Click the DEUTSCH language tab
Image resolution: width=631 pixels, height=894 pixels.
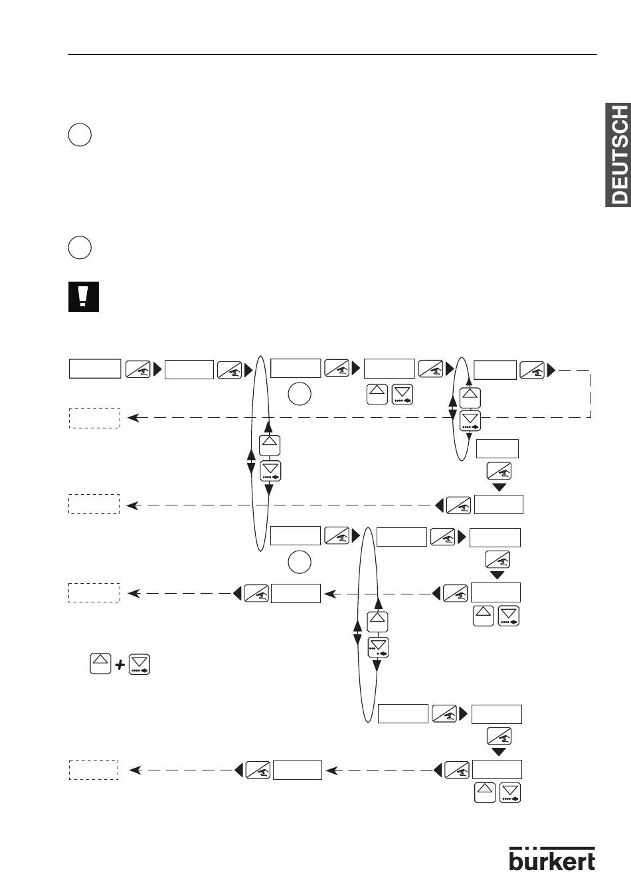(618, 155)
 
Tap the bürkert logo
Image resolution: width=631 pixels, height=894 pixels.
(552, 859)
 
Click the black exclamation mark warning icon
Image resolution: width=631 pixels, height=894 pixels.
(83, 297)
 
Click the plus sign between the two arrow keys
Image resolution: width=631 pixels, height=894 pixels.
(120, 665)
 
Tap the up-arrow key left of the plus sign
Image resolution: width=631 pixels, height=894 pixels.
(100, 664)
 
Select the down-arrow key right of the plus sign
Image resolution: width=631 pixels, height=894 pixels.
(139, 664)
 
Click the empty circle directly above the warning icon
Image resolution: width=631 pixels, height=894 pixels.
(80, 248)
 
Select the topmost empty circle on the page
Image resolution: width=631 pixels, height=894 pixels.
(80, 135)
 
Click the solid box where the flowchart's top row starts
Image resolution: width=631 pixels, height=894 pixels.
(95, 369)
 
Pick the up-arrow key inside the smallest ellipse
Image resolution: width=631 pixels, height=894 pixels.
(470, 397)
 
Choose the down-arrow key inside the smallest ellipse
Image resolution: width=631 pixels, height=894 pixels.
(470, 421)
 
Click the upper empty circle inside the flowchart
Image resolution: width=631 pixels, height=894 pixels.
(300, 394)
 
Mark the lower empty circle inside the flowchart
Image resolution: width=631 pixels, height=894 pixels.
(300, 562)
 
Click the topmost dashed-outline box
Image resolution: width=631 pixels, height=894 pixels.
(94, 418)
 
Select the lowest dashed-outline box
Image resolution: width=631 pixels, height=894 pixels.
(94, 770)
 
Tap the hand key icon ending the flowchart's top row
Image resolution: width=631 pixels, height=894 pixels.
(532, 369)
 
